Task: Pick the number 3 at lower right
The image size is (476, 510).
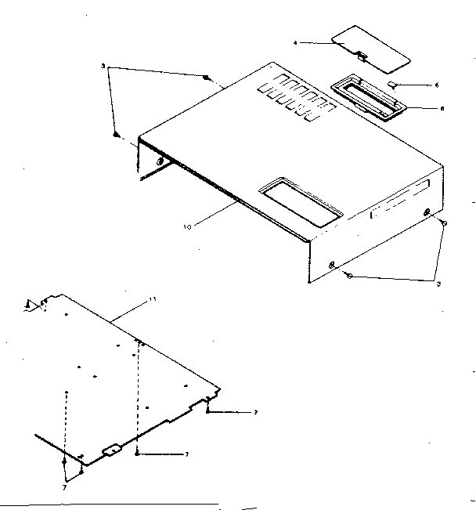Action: click(x=439, y=283)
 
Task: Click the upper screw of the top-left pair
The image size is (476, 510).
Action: click(x=205, y=78)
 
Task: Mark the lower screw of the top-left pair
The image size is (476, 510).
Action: click(x=117, y=135)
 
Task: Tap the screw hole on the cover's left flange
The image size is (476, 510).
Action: click(x=160, y=162)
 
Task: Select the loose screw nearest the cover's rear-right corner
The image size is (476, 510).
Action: click(x=444, y=222)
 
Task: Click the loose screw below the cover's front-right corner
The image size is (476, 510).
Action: click(x=350, y=275)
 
